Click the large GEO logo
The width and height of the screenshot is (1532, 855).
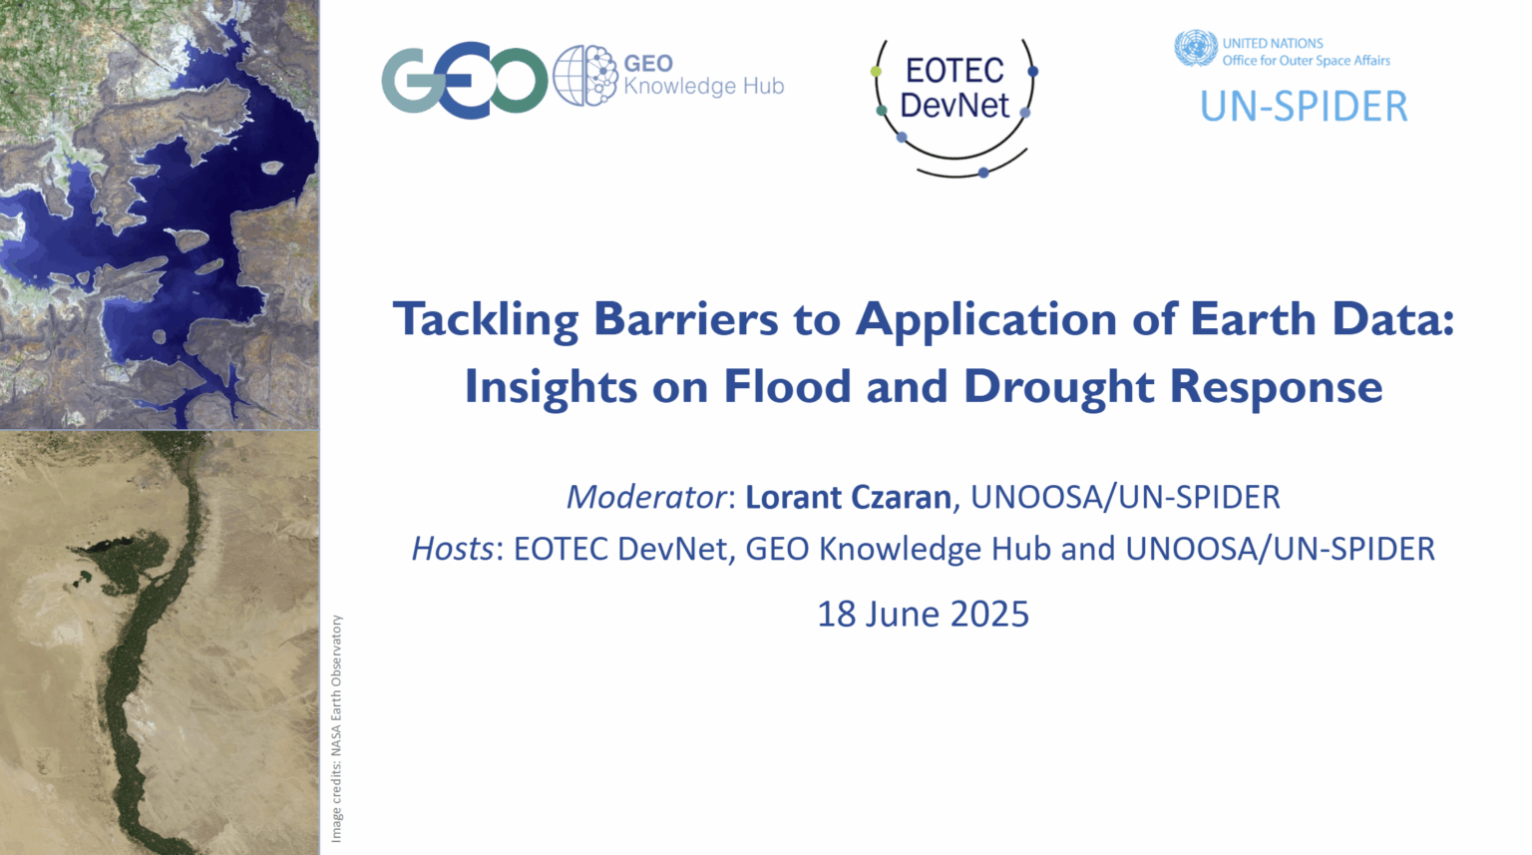(465, 80)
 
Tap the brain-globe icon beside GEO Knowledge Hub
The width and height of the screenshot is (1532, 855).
(585, 75)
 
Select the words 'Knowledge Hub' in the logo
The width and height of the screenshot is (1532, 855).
(704, 87)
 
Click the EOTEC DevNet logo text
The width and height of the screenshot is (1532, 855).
(955, 88)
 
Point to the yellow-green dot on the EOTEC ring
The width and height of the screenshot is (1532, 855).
(876, 71)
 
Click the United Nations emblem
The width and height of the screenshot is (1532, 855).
(1196, 48)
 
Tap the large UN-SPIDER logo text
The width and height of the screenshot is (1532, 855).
(1305, 107)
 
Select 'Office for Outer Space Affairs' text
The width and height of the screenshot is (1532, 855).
(1307, 61)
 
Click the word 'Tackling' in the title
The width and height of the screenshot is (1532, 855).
(486, 320)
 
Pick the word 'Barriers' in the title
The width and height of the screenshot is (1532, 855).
(686, 318)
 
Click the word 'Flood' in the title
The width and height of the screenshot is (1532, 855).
(787, 386)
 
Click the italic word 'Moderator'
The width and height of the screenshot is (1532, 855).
(646, 497)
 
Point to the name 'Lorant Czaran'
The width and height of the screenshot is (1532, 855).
(848, 497)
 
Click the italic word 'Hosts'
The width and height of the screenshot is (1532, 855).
(452, 549)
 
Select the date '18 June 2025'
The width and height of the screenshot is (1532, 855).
(924, 614)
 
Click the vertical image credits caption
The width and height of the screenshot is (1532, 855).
(336, 728)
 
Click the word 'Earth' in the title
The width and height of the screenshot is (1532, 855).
(1253, 318)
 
